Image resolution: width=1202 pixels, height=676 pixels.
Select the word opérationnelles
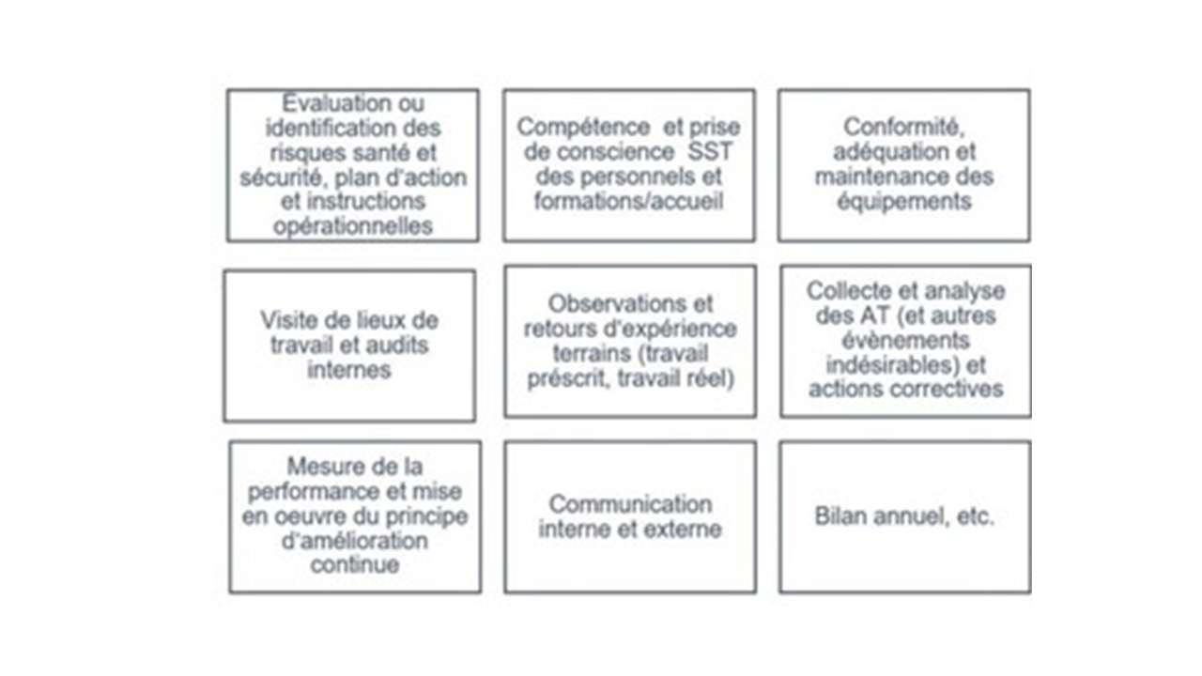click(353, 226)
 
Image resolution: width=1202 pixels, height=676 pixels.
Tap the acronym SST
click(710, 152)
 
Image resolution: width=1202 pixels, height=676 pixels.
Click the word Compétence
click(583, 128)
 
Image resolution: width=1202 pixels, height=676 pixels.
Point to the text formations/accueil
click(628, 202)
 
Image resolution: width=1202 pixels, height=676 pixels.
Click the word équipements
click(904, 202)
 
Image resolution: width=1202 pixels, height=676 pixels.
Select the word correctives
click(947, 390)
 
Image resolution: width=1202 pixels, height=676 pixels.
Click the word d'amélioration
click(355, 541)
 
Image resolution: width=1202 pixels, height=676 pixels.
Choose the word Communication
click(630, 504)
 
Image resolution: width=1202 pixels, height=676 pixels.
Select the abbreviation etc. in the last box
click(976, 517)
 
